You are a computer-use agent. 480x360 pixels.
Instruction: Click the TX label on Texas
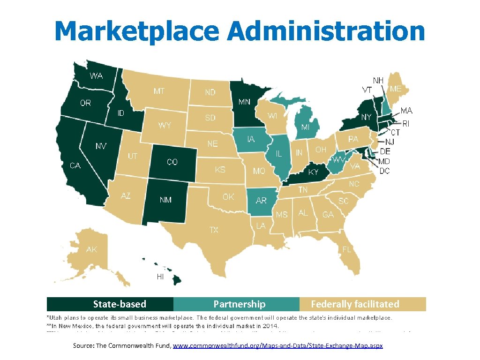[214, 230]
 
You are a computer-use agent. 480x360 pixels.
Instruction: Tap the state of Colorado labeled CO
[172, 162]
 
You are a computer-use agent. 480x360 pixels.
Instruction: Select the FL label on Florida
[347, 249]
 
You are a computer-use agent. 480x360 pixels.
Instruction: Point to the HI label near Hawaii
[160, 277]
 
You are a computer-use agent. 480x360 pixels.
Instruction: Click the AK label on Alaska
[91, 250]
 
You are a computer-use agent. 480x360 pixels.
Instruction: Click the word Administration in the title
[326, 31]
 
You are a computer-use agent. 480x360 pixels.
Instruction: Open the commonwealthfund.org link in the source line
[278, 345]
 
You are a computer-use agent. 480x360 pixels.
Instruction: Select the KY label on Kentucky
[313, 172]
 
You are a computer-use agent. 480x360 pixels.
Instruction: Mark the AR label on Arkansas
[261, 201]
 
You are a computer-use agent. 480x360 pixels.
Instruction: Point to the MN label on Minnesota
[244, 102]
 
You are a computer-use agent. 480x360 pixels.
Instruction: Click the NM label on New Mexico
[165, 200]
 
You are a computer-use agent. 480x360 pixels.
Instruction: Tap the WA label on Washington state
[97, 76]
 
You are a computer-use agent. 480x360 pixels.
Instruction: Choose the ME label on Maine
[396, 89]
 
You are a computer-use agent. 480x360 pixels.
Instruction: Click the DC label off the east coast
[384, 171]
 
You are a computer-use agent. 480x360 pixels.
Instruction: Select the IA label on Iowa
[251, 139]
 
